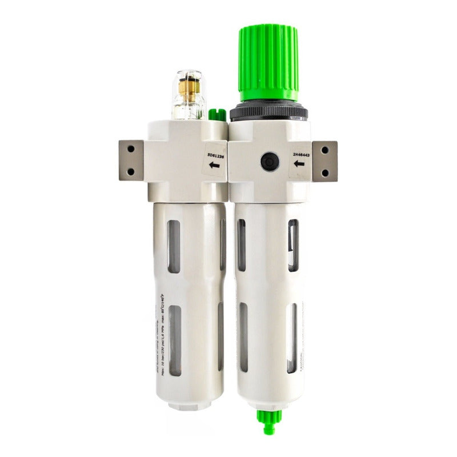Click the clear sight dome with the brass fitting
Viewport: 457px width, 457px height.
tap(188, 95)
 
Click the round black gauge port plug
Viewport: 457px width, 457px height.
tap(268, 162)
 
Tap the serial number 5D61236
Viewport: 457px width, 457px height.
tap(215, 154)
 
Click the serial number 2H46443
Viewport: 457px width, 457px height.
tap(301, 154)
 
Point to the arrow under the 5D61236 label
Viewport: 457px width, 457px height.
tap(215, 166)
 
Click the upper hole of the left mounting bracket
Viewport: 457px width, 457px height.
tap(131, 150)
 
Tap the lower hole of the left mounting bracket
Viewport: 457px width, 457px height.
tap(131, 171)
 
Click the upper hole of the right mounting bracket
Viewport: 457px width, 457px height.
tap(325, 151)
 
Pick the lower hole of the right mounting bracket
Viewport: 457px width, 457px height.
tap(325, 172)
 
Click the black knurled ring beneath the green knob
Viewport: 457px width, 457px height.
tap(268, 113)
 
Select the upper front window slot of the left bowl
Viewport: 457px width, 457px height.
tap(174, 246)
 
